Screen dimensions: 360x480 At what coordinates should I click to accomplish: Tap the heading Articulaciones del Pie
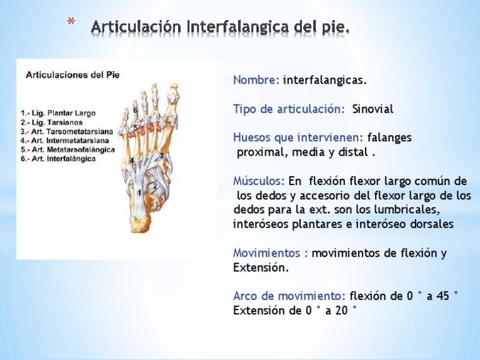pyautogui.click(x=72, y=74)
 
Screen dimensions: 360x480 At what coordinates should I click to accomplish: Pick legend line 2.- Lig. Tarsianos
pyautogui.click(x=52, y=123)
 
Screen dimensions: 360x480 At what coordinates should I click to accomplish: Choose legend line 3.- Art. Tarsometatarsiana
pyautogui.click(x=66, y=132)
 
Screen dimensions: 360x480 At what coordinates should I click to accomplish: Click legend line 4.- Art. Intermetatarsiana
pyautogui.click(x=64, y=141)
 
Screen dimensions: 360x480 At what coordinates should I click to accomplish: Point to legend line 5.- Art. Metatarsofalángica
pyautogui.click(x=67, y=150)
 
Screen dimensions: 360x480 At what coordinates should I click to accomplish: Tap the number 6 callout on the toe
pyautogui.click(x=136, y=111)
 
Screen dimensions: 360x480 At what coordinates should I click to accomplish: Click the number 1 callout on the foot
pyautogui.click(x=139, y=193)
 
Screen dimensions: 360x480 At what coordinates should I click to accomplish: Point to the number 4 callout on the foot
pyautogui.click(x=132, y=161)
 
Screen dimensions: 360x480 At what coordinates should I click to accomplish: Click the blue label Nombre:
pyautogui.click(x=256, y=81)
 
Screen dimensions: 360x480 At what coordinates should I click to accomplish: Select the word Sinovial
pyautogui.click(x=372, y=109)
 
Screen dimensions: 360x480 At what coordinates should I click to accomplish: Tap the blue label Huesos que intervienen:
pyautogui.click(x=299, y=137)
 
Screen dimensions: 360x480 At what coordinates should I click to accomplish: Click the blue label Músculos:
pyautogui.click(x=259, y=181)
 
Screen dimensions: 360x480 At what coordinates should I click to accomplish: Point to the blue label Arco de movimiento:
pyautogui.click(x=289, y=296)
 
